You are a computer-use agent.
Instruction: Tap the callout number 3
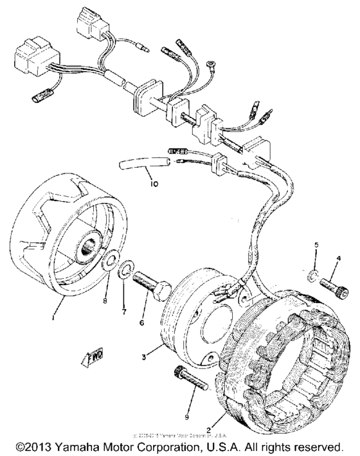(x=149, y=353)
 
